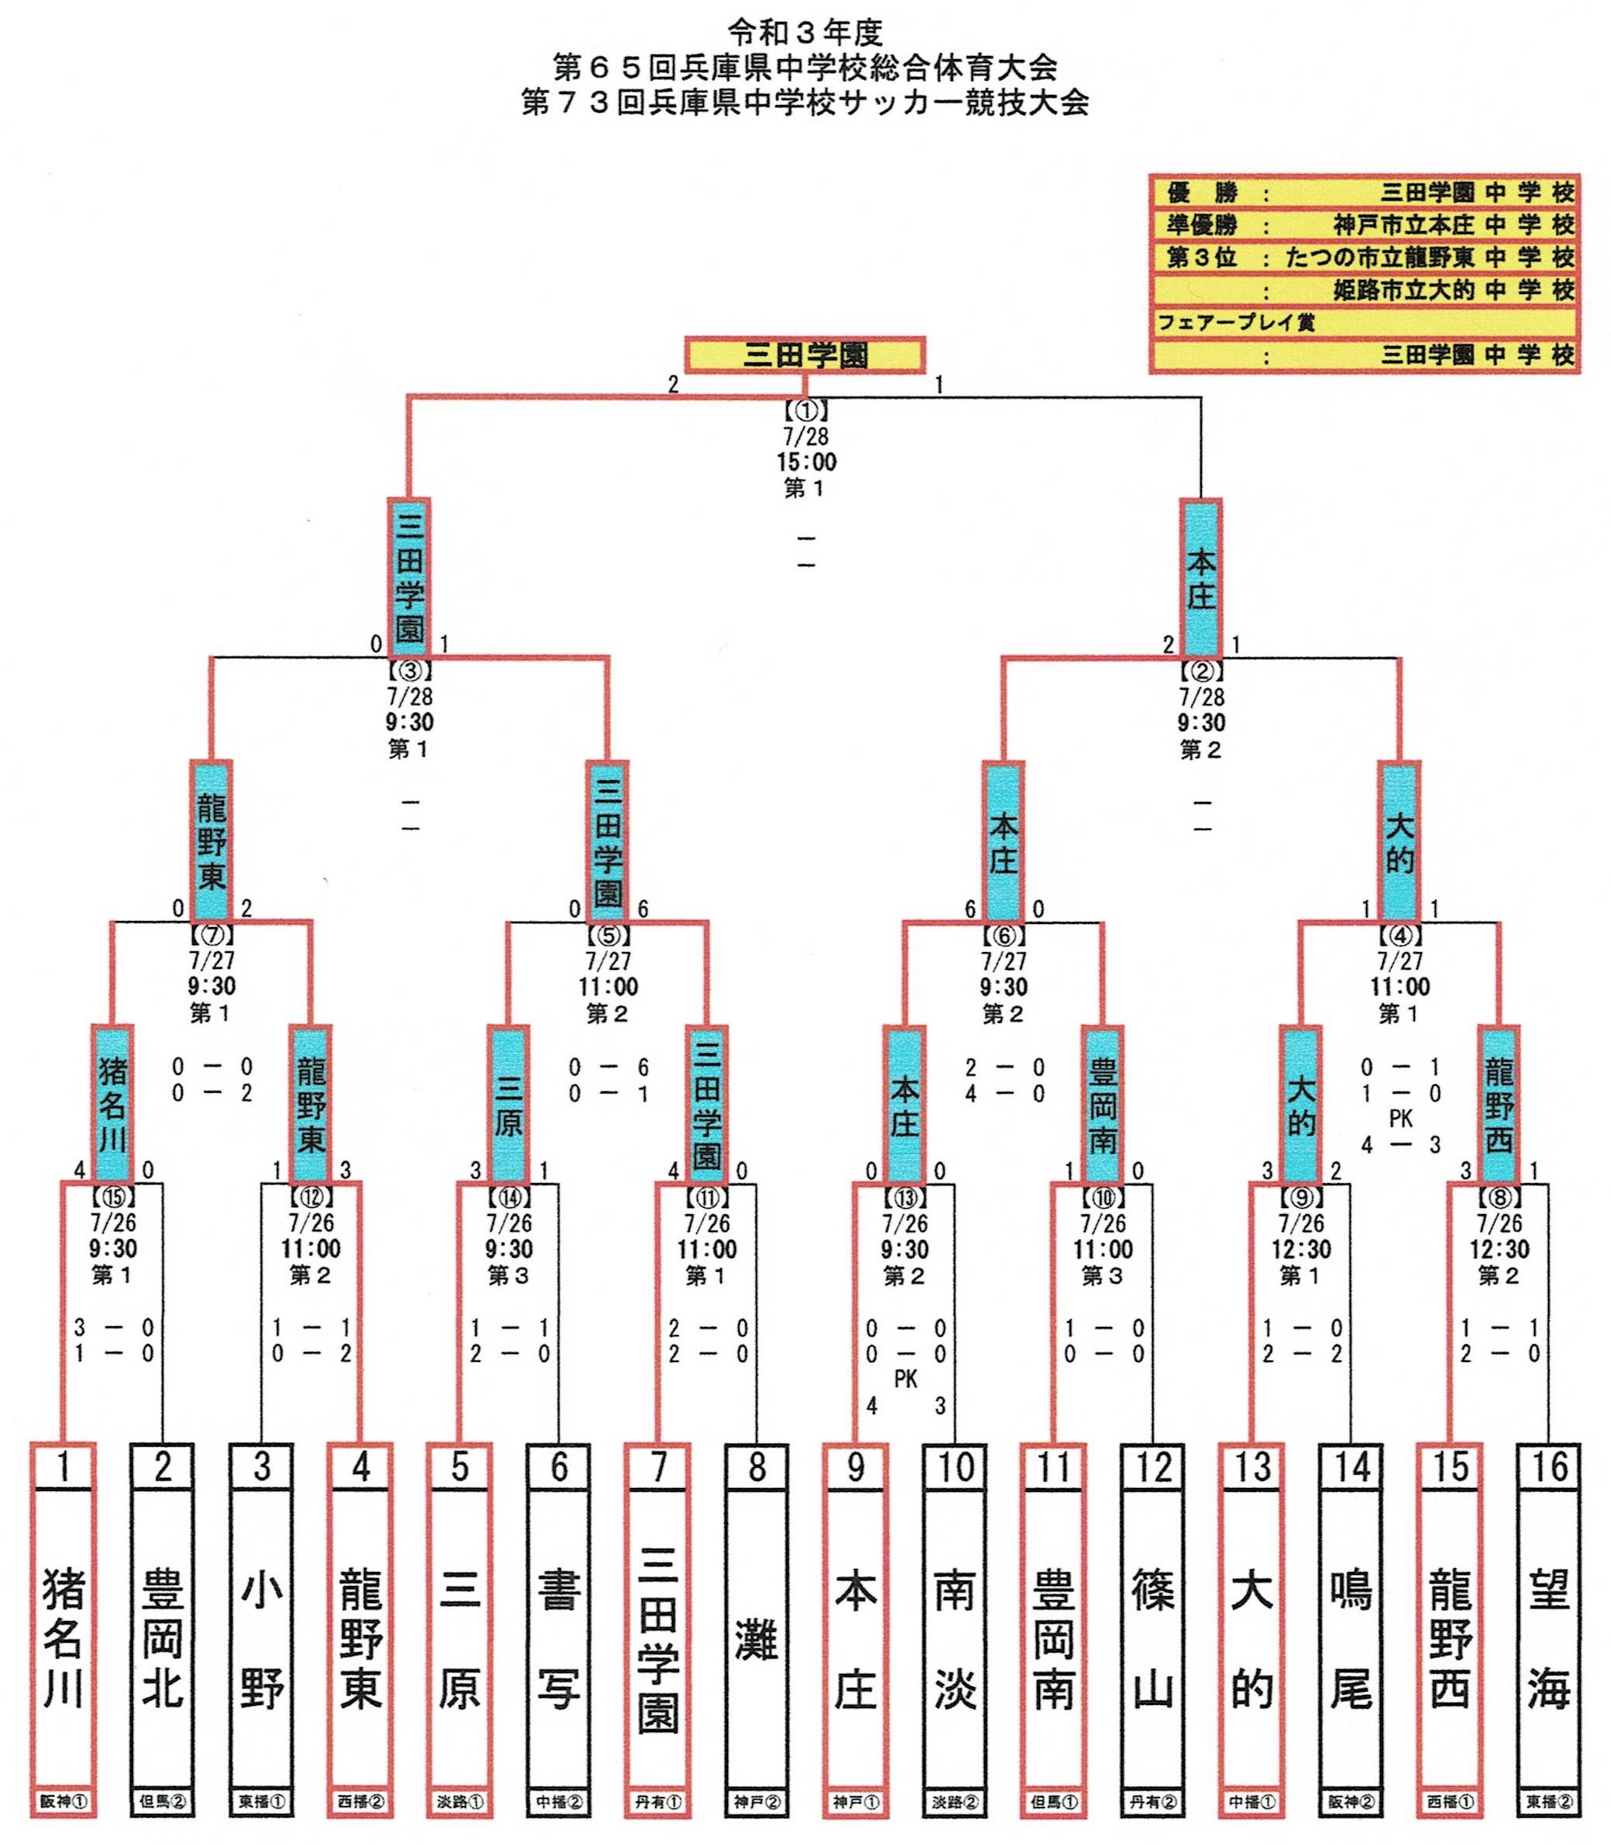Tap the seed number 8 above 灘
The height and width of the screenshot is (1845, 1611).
point(757,1467)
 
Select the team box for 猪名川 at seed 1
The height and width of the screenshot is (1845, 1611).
point(63,1636)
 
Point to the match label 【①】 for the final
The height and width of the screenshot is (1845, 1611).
point(806,411)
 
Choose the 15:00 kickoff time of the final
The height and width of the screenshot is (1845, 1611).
point(806,462)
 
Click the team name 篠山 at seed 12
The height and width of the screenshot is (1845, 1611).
point(1153,1636)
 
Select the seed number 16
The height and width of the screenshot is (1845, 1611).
point(1549,1467)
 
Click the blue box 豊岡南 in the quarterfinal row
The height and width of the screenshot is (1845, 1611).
point(1103,1105)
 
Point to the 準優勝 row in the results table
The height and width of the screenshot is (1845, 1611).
point(1363,224)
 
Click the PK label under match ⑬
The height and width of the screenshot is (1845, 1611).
point(905,1380)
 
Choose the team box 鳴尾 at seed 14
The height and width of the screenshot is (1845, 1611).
point(1351,1636)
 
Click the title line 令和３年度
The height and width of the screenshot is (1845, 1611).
point(806,33)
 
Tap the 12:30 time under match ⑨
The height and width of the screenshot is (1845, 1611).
point(1301,1249)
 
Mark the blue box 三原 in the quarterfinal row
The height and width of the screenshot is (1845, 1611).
point(508,1105)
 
